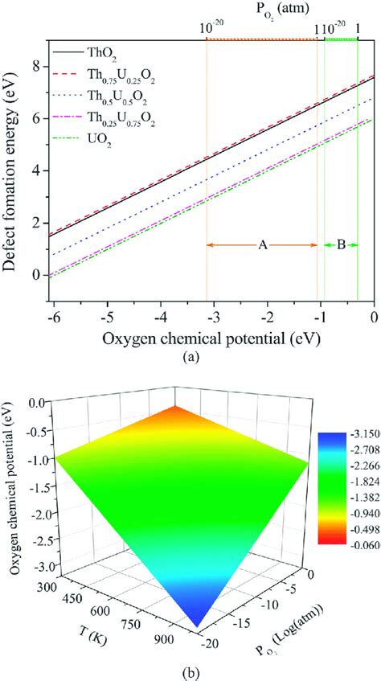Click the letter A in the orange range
click(262, 246)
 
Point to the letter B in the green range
click(340, 246)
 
